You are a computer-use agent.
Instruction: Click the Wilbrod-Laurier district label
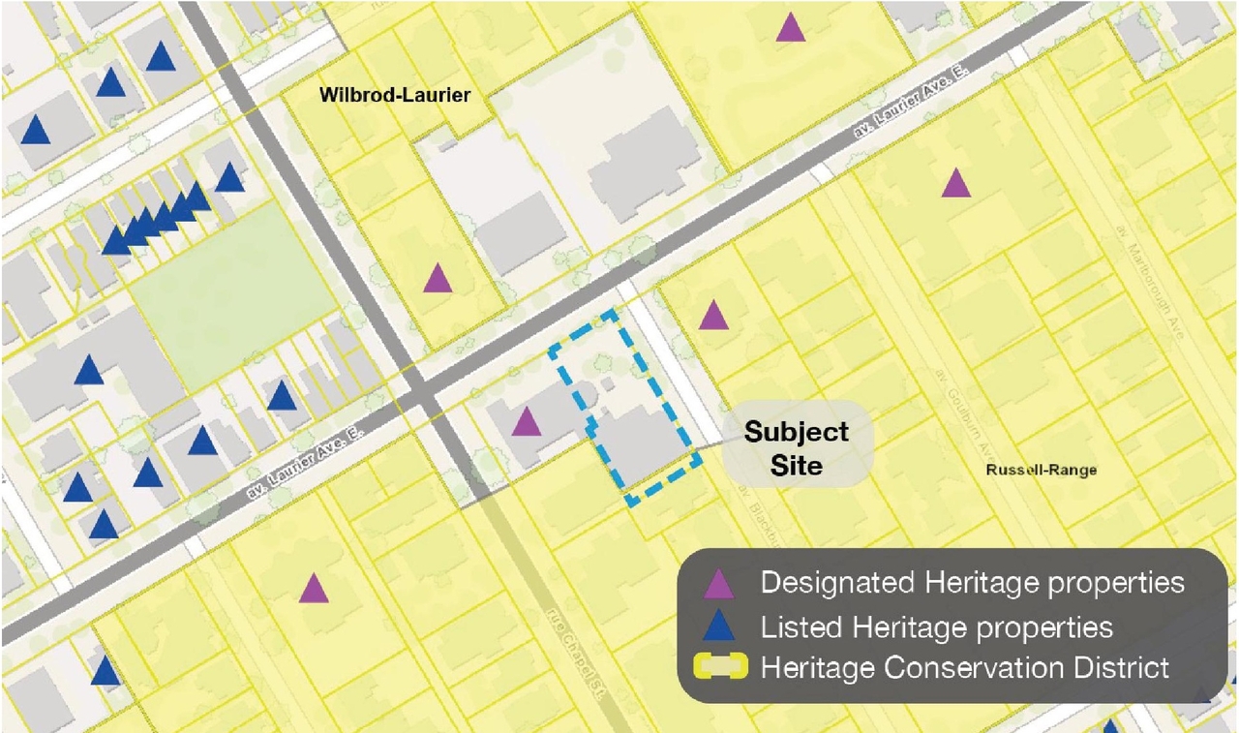(395, 95)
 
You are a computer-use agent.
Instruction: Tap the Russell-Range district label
(1041, 471)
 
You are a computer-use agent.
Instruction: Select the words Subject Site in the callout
(796, 448)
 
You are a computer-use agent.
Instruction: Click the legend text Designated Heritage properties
(972, 583)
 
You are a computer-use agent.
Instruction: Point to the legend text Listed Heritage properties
(936, 626)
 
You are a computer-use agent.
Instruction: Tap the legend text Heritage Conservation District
(965, 668)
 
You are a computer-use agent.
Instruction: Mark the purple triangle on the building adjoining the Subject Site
(526, 422)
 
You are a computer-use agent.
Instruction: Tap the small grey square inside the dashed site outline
(607, 384)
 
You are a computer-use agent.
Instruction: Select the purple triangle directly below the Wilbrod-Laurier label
(438, 279)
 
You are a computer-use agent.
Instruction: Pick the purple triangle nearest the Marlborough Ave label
(955, 184)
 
